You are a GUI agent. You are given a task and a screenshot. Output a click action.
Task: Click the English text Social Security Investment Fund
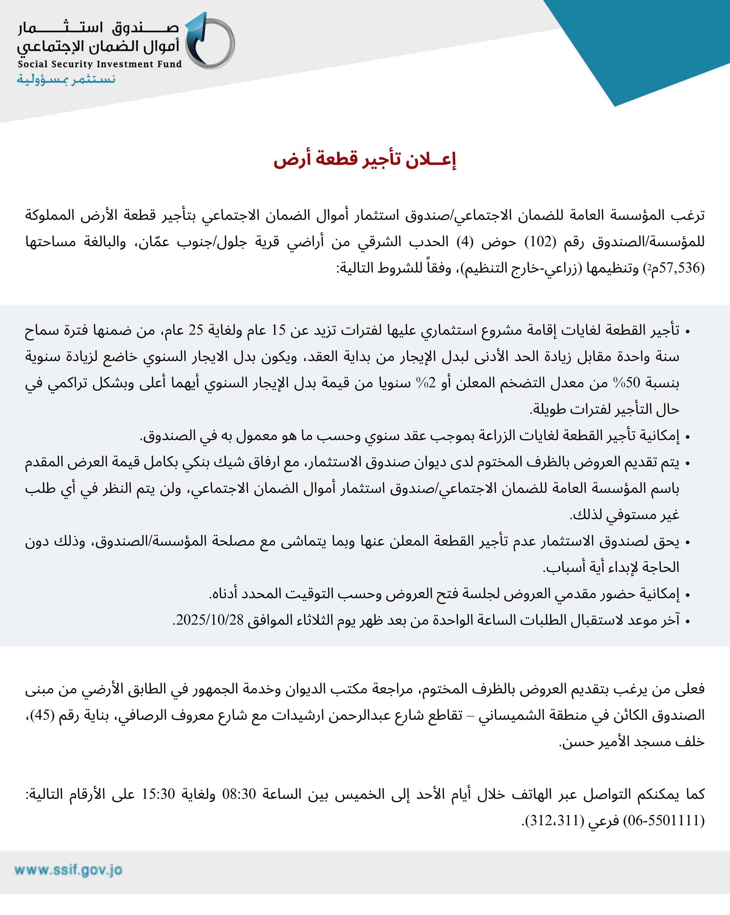[100, 64]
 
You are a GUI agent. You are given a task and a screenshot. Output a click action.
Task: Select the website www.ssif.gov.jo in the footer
[68, 870]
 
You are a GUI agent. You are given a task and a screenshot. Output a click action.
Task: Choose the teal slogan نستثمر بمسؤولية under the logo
[66, 80]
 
